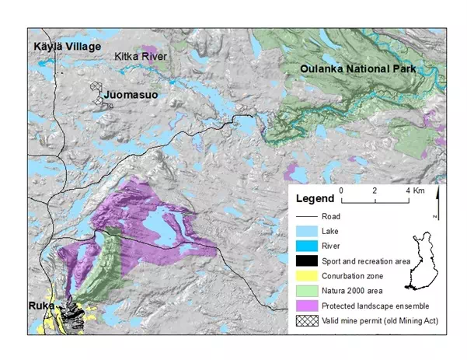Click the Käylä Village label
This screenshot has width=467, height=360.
(67, 47)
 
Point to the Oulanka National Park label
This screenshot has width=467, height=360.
(358, 69)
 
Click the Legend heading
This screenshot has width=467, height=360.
(315, 199)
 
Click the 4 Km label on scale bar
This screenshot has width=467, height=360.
(413, 190)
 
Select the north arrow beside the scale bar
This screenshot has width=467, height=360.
(437, 201)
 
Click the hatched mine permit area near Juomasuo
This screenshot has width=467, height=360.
(97, 94)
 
